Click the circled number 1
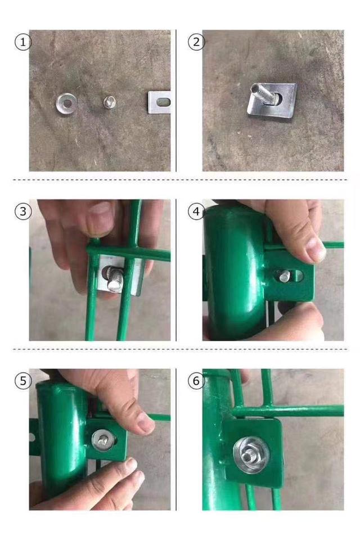point(22,42)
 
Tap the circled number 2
point(196,42)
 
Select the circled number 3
point(22,211)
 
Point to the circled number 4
point(196,211)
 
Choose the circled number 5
point(22,381)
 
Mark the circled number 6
point(196,381)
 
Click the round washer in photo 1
point(66,103)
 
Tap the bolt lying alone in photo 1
point(110,102)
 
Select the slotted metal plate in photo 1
point(160,102)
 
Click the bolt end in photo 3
point(114,280)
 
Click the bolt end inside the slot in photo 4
point(285,276)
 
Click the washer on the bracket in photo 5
point(104,440)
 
